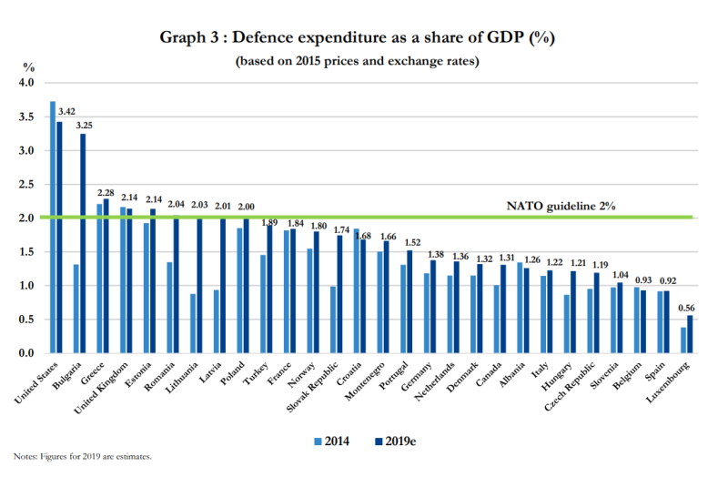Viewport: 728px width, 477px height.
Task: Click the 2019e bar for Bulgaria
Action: tap(83, 243)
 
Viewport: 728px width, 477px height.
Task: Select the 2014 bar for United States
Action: tap(53, 227)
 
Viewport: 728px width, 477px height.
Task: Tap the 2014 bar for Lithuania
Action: tap(194, 323)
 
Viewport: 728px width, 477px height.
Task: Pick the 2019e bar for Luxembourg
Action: tap(689, 334)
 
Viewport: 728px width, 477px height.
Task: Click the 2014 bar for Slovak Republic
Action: tap(334, 320)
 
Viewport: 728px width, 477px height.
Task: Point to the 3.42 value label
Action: tap(66, 112)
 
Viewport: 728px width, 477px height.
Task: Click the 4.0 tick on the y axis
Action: tap(25, 83)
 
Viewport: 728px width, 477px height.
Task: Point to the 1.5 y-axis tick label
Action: tap(25, 252)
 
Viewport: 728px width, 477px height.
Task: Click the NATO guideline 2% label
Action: tap(561, 207)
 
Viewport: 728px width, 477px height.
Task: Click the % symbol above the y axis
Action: tap(28, 67)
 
